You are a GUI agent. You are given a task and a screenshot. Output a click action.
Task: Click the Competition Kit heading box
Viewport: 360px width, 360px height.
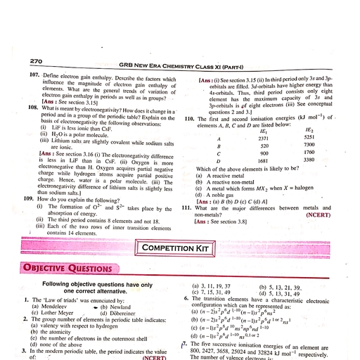click(x=179, y=248)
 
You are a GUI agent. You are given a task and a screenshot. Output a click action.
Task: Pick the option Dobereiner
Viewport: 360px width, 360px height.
click(x=117, y=314)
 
